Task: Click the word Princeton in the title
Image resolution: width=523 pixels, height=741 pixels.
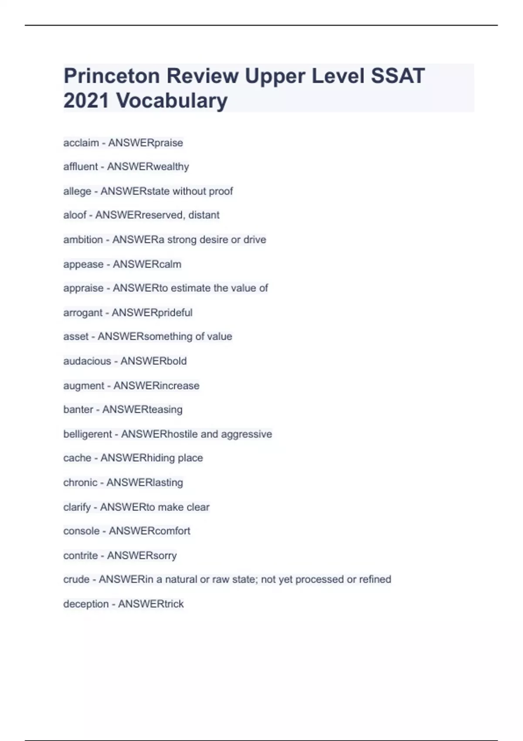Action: pyautogui.click(x=112, y=76)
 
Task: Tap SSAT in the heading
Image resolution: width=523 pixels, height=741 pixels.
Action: pyautogui.click(x=397, y=76)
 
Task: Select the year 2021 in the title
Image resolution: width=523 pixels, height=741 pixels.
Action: pyautogui.click(x=86, y=101)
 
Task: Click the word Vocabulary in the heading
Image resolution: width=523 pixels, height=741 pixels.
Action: pyautogui.click(x=172, y=101)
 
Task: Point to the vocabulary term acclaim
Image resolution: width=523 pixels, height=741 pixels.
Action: pyautogui.click(x=81, y=143)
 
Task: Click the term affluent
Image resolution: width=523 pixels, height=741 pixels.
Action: pyautogui.click(x=81, y=167)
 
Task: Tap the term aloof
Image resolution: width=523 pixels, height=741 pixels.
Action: pyautogui.click(x=75, y=215)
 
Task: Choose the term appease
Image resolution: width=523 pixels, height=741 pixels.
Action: pyautogui.click(x=83, y=264)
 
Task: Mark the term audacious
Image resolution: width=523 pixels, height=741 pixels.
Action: pyautogui.click(x=87, y=361)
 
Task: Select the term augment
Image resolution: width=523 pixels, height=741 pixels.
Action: pyautogui.click(x=84, y=386)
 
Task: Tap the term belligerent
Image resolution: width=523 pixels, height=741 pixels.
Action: pyautogui.click(x=88, y=434)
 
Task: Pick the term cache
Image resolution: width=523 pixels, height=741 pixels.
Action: pyautogui.click(x=77, y=458)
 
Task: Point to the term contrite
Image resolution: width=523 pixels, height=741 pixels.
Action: pyautogui.click(x=81, y=556)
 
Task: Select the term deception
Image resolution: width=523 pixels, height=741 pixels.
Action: pyautogui.click(x=86, y=604)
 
